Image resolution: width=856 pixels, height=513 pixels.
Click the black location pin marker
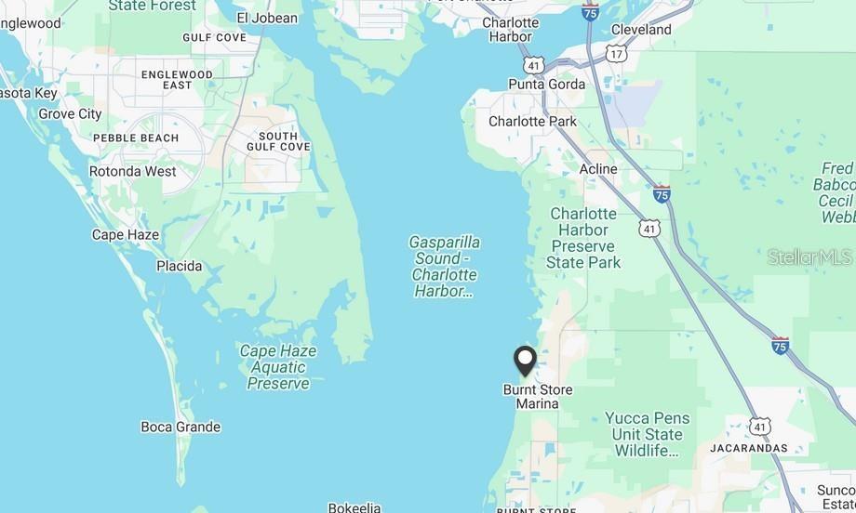pos(526,361)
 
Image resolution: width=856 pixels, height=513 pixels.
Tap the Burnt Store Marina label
pos(538,397)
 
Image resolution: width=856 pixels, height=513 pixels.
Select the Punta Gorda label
pos(547,85)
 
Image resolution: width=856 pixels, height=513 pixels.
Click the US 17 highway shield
pos(617,54)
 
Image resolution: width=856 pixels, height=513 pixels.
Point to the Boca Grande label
pos(181,427)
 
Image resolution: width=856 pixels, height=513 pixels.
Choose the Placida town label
pos(179,266)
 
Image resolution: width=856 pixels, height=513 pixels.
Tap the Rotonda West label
pos(132,171)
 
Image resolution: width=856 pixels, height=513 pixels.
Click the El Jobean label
pos(267,18)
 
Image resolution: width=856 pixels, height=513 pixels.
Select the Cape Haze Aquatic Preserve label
pos(278,367)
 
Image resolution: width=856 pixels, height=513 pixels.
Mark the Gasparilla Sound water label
pos(445,267)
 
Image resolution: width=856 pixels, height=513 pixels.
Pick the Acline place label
pos(598,169)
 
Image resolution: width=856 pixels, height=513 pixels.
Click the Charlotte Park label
pos(532,122)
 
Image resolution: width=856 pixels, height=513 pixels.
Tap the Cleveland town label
pos(641,30)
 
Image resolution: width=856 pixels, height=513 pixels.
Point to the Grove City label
pos(70,114)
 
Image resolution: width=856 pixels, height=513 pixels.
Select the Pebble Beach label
pos(136,138)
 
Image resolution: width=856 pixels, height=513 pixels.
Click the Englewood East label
pos(177,79)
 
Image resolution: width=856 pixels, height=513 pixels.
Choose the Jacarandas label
pos(748,448)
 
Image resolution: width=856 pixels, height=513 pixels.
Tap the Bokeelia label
pos(354,507)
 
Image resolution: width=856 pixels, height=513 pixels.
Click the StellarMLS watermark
pos(809,257)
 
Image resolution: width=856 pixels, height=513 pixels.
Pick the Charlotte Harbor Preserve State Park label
pos(584,238)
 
